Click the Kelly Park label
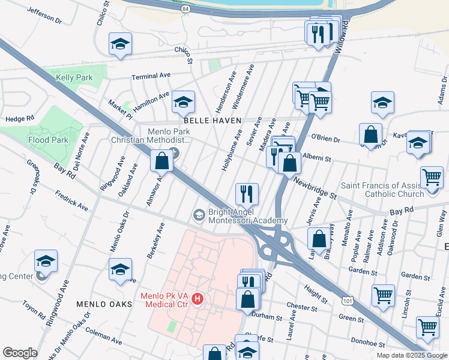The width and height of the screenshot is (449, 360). click(x=74, y=77)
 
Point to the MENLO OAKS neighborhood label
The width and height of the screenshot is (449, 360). click(x=100, y=304)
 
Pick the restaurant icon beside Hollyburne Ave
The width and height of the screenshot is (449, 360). click(x=247, y=194)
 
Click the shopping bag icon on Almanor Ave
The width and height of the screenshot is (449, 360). click(x=161, y=161)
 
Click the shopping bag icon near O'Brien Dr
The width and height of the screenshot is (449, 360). click(x=371, y=134)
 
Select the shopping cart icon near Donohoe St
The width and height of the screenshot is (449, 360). click(x=427, y=328)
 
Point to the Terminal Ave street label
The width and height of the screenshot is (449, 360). click(x=152, y=76)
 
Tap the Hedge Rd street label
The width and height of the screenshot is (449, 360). click(x=18, y=119)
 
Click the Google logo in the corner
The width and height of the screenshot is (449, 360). click(x=20, y=353)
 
